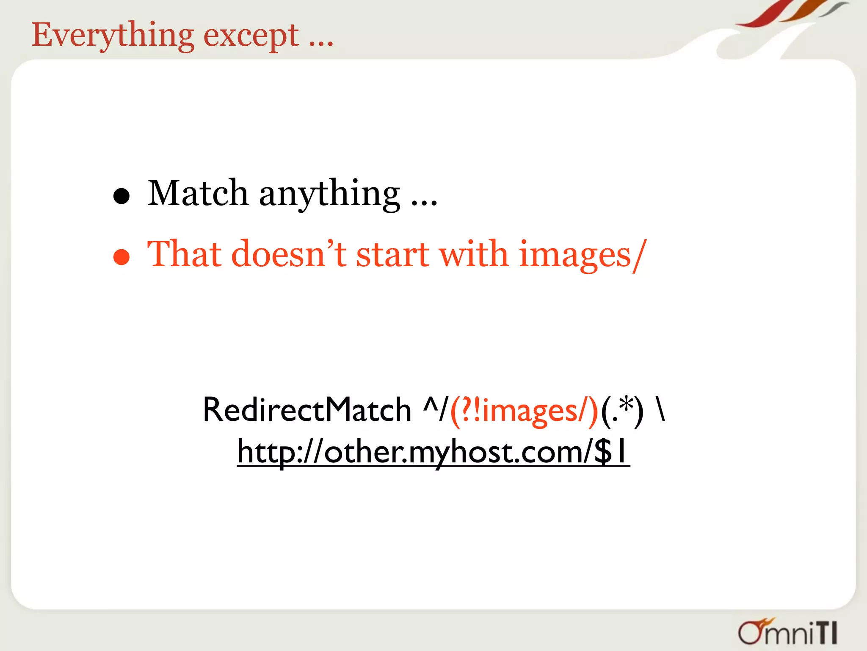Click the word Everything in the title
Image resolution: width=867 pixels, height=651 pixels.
113,36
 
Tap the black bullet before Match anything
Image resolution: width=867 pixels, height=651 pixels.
121,196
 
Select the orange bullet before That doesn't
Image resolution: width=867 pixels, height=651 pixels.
121,257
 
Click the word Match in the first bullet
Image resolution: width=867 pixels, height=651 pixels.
198,193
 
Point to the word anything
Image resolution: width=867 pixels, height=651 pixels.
329,195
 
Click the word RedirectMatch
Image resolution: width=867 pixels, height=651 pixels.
307,410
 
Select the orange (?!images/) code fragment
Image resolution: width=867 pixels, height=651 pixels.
524,411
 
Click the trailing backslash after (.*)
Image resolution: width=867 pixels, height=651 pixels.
661,410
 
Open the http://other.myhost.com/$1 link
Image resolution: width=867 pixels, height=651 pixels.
433,452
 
